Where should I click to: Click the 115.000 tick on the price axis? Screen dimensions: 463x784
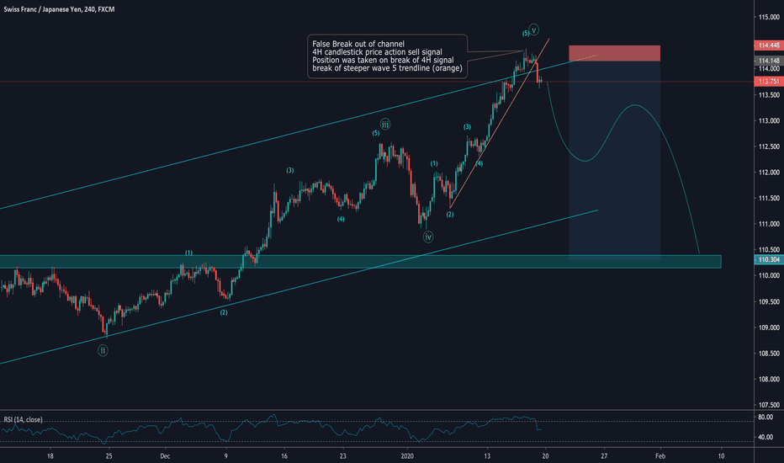click(x=765, y=18)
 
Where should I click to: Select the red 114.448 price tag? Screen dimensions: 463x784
click(x=765, y=45)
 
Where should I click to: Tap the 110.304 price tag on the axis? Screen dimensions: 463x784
click(x=765, y=261)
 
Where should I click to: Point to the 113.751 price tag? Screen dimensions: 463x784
click(x=765, y=82)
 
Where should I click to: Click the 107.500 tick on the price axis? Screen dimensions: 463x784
click(x=765, y=405)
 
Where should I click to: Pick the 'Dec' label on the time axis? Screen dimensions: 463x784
click(x=165, y=455)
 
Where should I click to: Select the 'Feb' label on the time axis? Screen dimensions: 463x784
click(x=662, y=455)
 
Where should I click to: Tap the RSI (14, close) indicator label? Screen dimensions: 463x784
click(x=24, y=419)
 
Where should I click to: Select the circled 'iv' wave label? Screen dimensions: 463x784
click(x=428, y=237)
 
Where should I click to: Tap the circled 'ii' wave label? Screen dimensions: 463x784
click(x=103, y=350)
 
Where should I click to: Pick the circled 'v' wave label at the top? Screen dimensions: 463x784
click(x=534, y=29)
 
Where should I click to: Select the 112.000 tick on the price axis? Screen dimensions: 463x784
click(x=765, y=173)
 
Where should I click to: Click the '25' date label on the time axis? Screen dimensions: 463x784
click(x=108, y=455)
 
